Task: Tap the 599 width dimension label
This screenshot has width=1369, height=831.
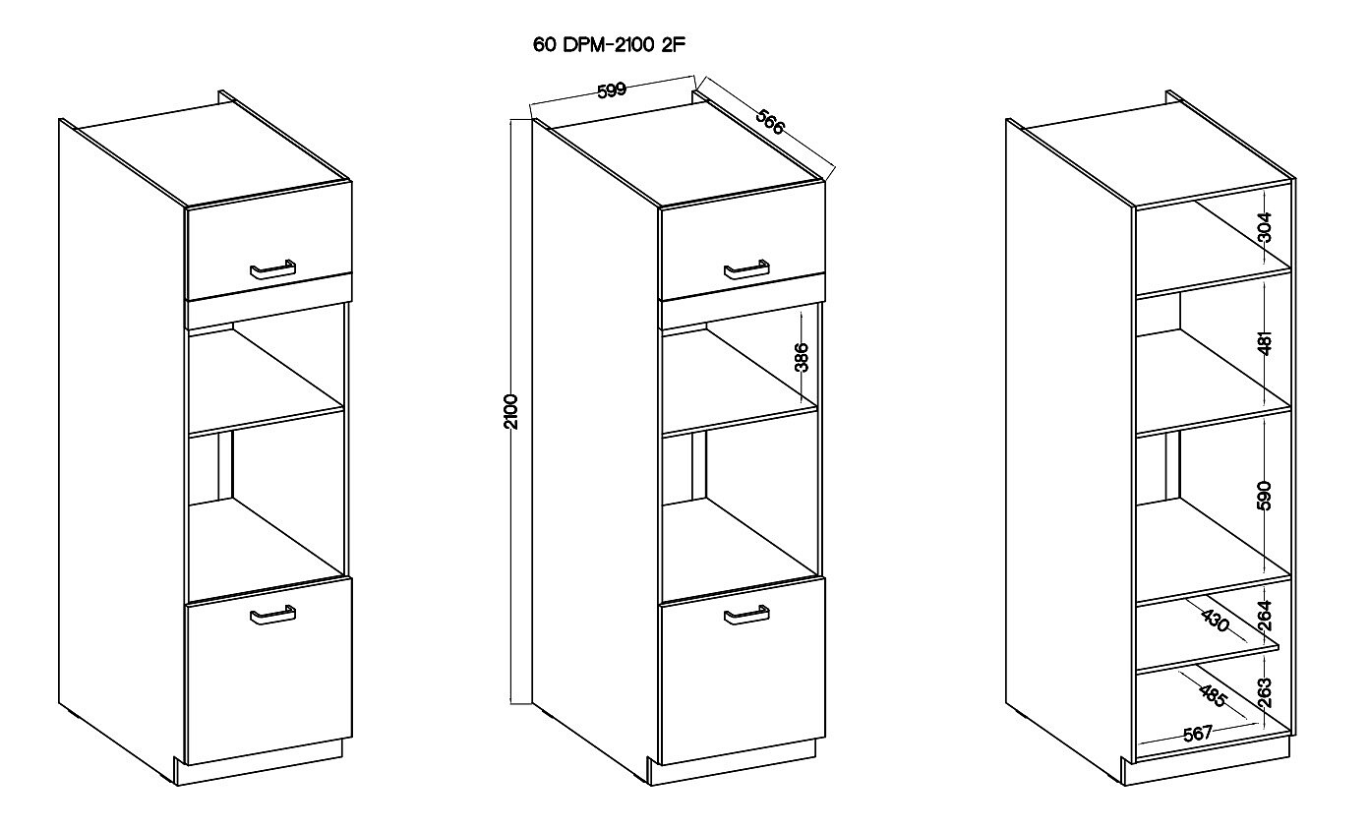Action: click(612, 90)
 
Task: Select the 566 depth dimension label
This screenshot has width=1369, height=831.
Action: click(770, 122)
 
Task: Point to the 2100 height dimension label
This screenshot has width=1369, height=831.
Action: click(511, 412)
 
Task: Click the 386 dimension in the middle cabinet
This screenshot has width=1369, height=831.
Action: click(802, 357)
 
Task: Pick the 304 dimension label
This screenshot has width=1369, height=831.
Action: click(1265, 227)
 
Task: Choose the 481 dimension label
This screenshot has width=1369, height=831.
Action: click(1265, 343)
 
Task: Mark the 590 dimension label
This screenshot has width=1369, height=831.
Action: click(1265, 496)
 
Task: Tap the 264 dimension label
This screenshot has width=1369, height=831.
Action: click(1265, 616)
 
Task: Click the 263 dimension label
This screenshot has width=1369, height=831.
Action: click(1265, 693)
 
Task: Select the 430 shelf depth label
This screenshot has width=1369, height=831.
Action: click(1215, 621)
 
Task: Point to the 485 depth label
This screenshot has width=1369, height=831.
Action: click(1214, 696)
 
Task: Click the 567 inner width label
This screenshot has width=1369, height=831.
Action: click(1197, 734)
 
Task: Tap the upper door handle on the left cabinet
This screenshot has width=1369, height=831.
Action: click(272, 269)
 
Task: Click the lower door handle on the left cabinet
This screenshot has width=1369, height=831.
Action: click(272, 615)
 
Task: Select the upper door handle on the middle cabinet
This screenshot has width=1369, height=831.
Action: click(746, 269)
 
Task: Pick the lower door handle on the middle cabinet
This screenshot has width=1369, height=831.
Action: click(746, 615)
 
